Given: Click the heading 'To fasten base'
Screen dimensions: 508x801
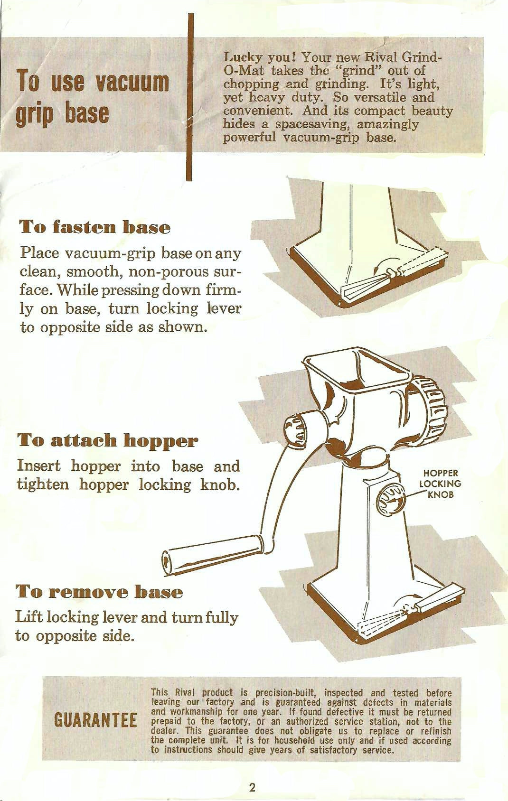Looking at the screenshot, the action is pos(95,228).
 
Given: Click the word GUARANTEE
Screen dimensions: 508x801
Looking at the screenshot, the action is pos(95,720).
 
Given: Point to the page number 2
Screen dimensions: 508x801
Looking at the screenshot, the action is pos(253,788).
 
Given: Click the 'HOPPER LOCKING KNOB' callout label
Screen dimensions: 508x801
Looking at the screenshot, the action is pos(441,484).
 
